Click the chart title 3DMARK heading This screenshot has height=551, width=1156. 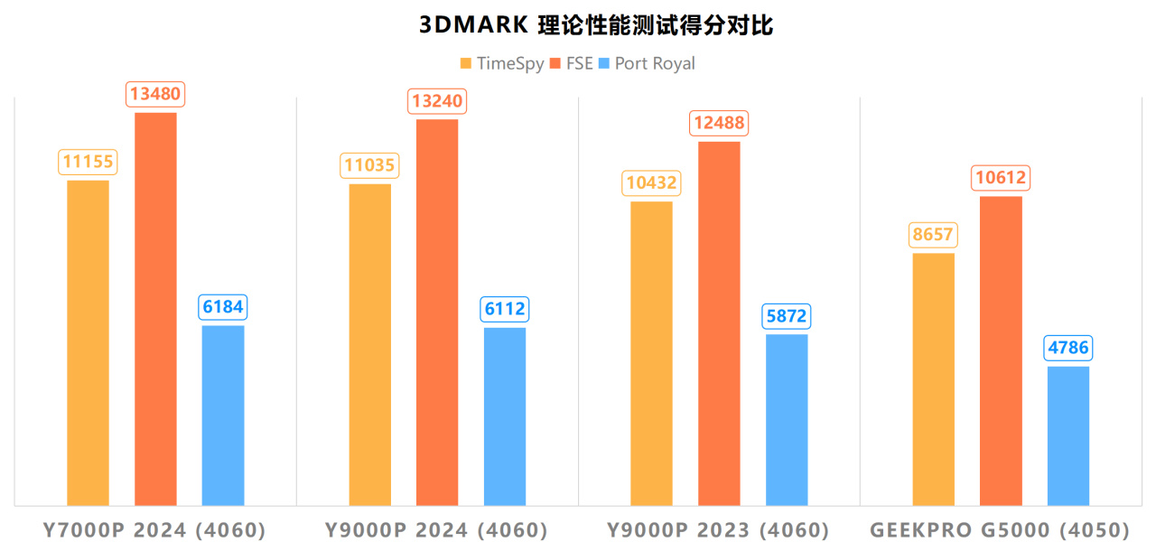(x=596, y=24)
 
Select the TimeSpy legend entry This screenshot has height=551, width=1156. (x=502, y=63)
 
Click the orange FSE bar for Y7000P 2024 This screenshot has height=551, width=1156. (x=155, y=307)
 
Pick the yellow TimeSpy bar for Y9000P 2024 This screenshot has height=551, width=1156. (x=369, y=343)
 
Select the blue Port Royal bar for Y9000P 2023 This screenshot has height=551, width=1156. (x=787, y=419)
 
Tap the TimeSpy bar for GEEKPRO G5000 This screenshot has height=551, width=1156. (x=933, y=378)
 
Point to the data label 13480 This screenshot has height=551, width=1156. (x=155, y=94)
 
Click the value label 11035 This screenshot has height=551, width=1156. (x=369, y=165)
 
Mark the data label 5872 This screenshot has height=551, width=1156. (x=787, y=316)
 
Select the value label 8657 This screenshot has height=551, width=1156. (x=933, y=235)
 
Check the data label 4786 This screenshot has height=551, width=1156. (x=1068, y=348)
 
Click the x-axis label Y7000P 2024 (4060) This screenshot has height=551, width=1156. (x=154, y=529)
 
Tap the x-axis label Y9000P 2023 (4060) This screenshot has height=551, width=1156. (x=718, y=529)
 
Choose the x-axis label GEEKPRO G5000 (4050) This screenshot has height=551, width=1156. (x=1000, y=529)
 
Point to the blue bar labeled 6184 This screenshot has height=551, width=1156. (x=223, y=415)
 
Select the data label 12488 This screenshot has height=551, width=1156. (x=719, y=123)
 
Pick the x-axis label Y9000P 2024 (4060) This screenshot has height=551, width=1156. (x=436, y=529)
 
